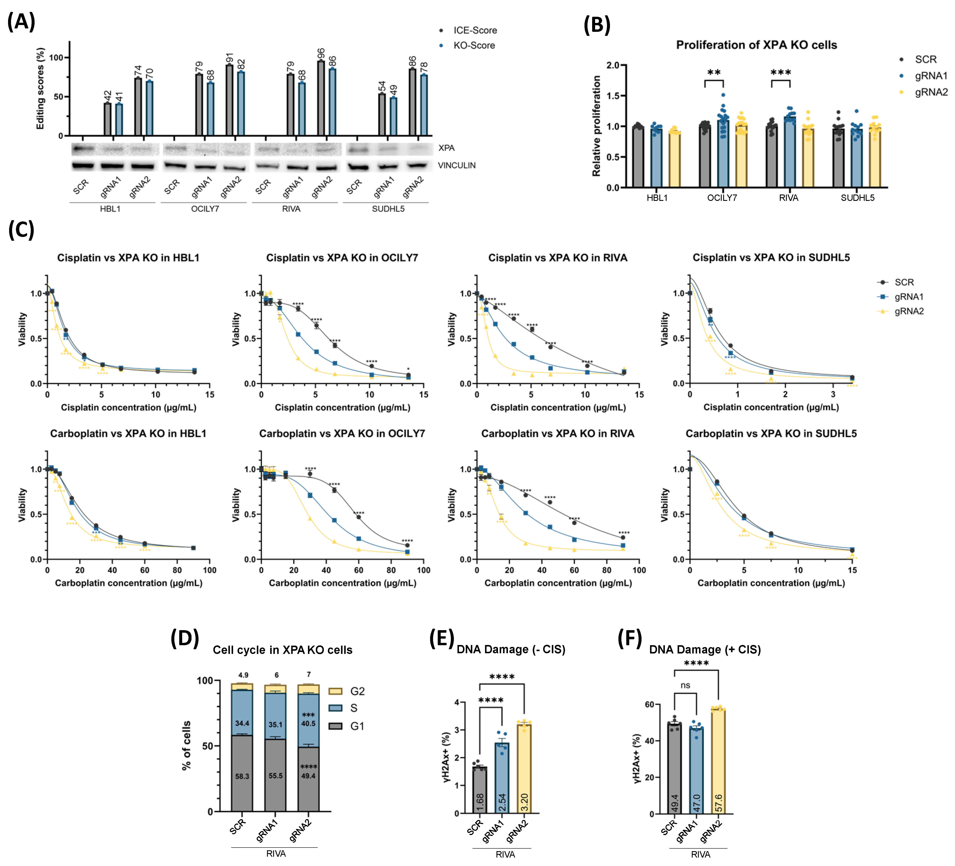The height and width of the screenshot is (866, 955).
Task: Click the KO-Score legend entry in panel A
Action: tap(474, 45)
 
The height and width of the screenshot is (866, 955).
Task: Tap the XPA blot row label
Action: tap(446, 148)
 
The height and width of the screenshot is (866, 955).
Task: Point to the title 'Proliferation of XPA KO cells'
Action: tap(756, 45)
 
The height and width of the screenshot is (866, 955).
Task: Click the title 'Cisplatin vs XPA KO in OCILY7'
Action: tap(342, 258)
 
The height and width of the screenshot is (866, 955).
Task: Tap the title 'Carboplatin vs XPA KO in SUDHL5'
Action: tap(771, 434)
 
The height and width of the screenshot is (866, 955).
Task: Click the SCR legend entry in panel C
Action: tap(904, 282)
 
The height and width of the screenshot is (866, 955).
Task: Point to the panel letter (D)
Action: tap(185, 638)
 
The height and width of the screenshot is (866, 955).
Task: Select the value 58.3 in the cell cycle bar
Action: tap(242, 776)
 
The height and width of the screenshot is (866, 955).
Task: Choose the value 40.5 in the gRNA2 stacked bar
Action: tap(308, 723)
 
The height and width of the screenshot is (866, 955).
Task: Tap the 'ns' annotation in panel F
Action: tap(685, 686)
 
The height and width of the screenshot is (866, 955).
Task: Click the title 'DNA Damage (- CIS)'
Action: tap(511, 649)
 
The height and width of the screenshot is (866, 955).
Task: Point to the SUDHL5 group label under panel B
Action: tap(857, 198)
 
